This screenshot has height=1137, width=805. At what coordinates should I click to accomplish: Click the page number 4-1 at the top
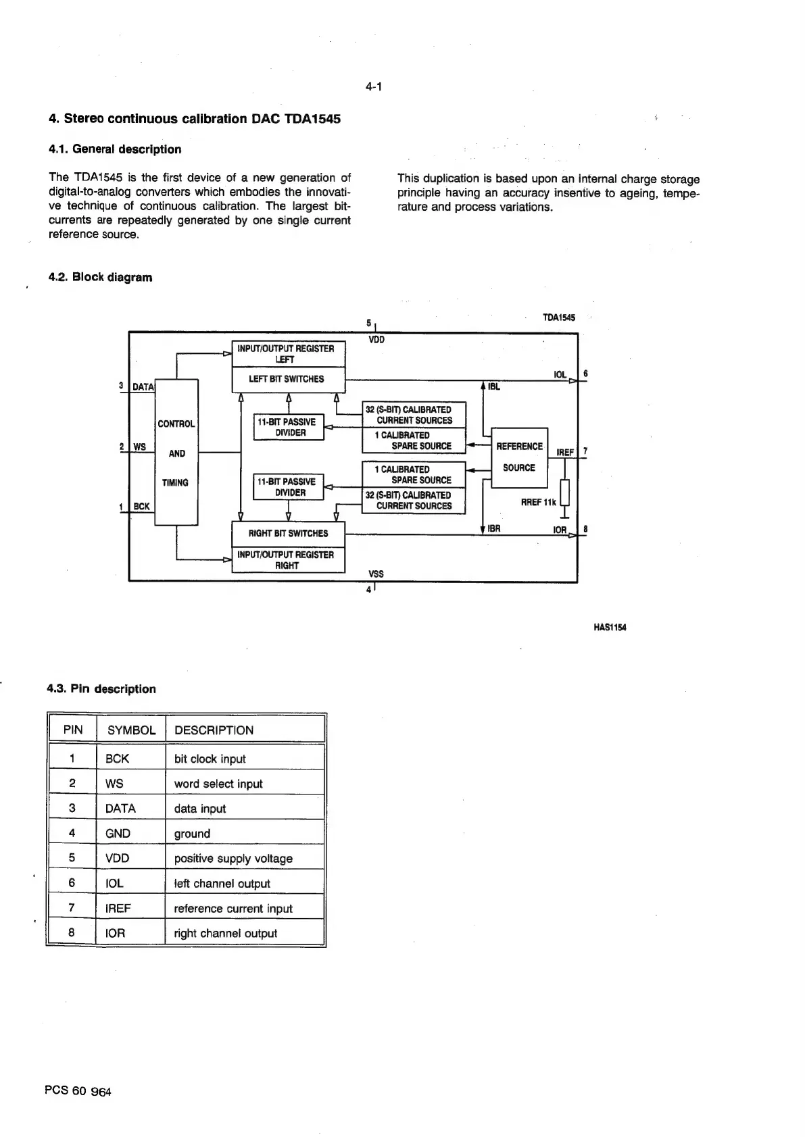click(374, 86)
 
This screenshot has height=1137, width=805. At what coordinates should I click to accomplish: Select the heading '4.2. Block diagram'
click(100, 277)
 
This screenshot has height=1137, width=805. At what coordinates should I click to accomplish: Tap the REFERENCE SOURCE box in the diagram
click(519, 457)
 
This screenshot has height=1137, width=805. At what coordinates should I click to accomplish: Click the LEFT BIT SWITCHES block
click(288, 380)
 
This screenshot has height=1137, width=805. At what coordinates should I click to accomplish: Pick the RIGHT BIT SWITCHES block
click(288, 534)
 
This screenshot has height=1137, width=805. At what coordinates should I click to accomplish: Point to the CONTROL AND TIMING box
click(176, 453)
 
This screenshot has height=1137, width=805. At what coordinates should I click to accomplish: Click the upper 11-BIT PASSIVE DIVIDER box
click(289, 427)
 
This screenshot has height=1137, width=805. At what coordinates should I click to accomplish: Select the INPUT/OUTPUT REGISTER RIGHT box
click(288, 560)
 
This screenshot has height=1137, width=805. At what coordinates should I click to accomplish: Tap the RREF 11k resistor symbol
click(565, 492)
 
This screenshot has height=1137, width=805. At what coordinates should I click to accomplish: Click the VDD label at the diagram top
click(376, 340)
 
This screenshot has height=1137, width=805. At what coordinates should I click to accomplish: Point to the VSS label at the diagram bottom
click(376, 574)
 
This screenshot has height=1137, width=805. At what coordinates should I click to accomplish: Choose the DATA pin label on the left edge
click(143, 387)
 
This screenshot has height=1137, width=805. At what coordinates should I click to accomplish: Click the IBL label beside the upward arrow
click(494, 387)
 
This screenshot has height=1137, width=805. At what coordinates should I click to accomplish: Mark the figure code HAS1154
click(610, 627)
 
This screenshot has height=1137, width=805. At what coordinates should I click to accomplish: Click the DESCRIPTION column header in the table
click(214, 730)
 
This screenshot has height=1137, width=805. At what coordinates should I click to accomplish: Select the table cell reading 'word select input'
click(218, 784)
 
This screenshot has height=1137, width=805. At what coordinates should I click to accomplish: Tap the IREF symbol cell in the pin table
click(118, 909)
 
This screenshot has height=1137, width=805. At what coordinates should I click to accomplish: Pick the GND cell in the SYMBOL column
click(118, 834)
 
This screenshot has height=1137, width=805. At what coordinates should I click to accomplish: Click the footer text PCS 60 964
click(78, 1090)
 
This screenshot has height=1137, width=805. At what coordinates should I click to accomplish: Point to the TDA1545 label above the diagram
click(559, 318)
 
